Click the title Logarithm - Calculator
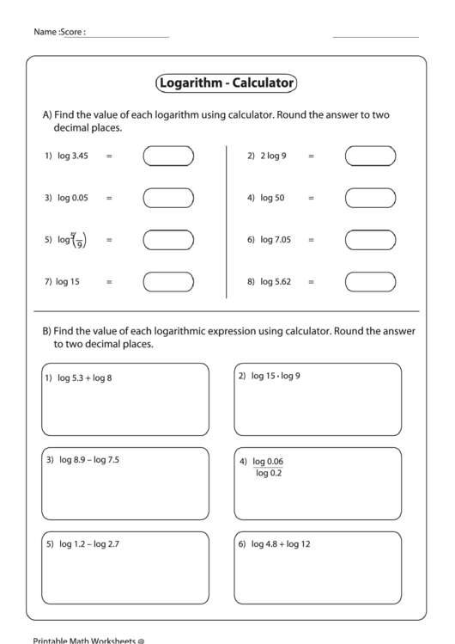227,83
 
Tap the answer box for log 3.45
168,156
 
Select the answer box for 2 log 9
370,156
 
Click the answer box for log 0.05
168,198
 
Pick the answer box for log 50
370,198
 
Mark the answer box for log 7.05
370,239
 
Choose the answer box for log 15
168,281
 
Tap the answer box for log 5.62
370,281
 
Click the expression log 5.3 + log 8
85,377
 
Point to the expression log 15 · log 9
276,376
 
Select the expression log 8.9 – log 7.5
88,460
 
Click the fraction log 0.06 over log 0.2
269,466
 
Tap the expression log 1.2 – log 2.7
88,544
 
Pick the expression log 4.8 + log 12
281,544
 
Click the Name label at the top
45,32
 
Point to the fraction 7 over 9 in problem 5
79,239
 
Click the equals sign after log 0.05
109,199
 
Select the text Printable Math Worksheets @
88,640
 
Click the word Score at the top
72,32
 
